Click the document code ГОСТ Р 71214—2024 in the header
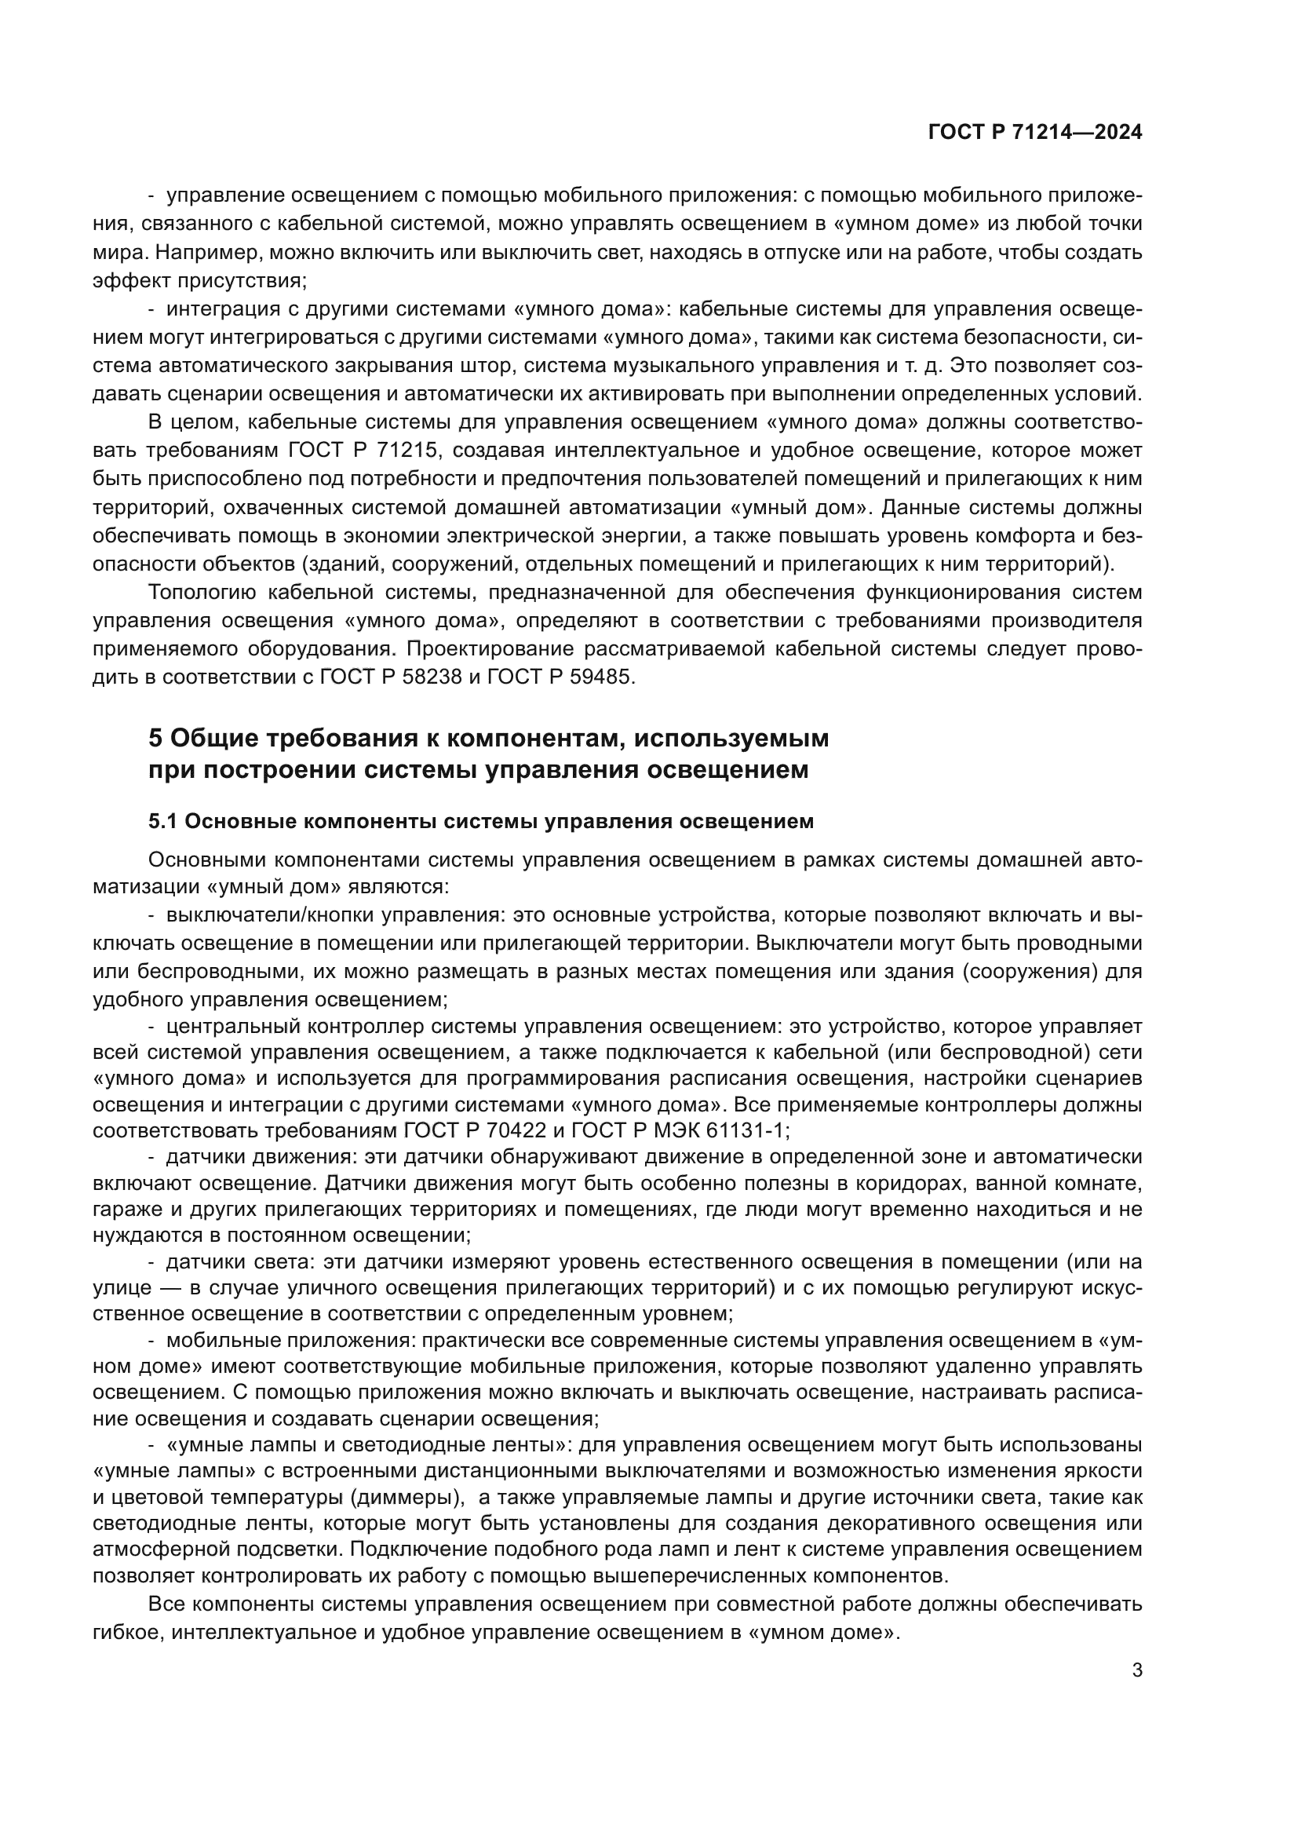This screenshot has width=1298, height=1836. pos(1034,133)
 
